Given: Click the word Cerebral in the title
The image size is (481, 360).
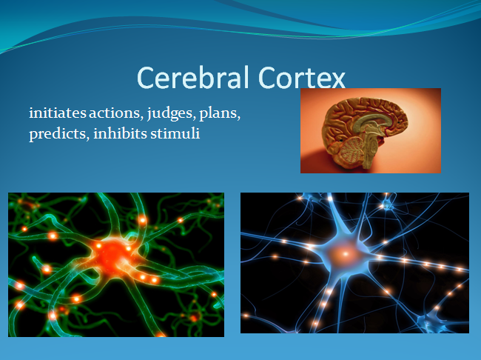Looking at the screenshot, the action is pyautogui.click(x=192, y=77).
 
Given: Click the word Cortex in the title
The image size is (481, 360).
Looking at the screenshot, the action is pyautogui.click(x=302, y=77).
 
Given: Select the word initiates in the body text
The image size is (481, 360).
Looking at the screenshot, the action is pyautogui.click(x=58, y=113).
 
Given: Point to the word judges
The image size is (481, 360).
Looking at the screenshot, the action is pyautogui.click(x=172, y=113).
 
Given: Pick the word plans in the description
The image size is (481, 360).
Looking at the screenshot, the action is pyautogui.click(x=220, y=113).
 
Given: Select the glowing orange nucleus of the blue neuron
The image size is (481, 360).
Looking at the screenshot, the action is pyautogui.click(x=346, y=254).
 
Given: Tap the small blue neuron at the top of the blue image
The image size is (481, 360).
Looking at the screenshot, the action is pyautogui.click(x=387, y=204).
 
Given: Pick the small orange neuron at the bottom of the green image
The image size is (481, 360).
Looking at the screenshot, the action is pyautogui.click(x=194, y=316).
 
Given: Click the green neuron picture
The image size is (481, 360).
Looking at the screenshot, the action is pyautogui.click(x=116, y=264).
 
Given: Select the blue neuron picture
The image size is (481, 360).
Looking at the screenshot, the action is pyautogui.click(x=354, y=263).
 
